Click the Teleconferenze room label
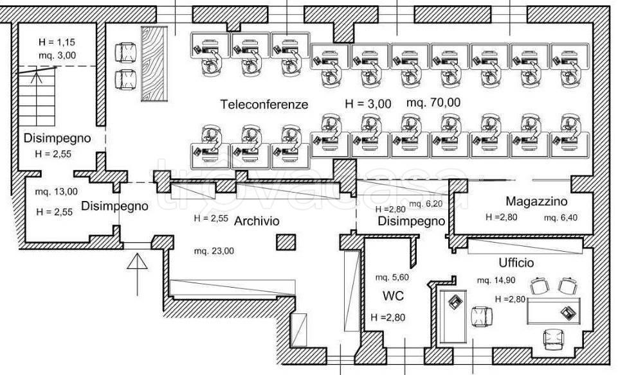pos(264,104)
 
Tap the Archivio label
pos(257,221)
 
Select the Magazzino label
pos(536,202)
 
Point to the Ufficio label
pos(516,263)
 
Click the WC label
pos(393,295)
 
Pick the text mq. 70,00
pos(433,103)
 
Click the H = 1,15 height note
pos(57,42)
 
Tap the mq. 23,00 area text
pos(214,250)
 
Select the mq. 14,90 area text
pos(496,280)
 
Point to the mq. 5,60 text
pos(392,277)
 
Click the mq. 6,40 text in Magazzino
pos(561,218)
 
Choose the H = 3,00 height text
pos(368,104)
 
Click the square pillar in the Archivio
pos(286,242)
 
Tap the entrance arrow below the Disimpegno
pos(137,274)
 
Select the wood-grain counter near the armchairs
pos(154,64)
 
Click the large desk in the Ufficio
pos(554,311)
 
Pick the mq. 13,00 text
pos(57,191)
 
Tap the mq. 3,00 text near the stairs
pos(57,55)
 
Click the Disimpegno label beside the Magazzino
pos(411,221)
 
